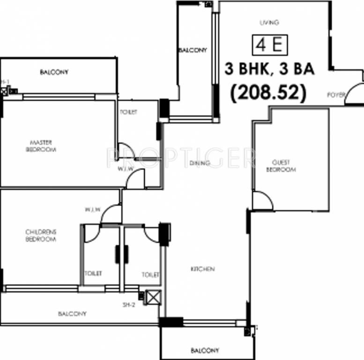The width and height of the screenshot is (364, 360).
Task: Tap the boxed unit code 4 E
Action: coord(269,45)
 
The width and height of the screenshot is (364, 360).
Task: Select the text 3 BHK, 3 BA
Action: coord(269,69)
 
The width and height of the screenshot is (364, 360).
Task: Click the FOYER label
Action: coord(336,95)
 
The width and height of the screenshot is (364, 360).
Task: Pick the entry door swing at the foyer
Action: coord(355,93)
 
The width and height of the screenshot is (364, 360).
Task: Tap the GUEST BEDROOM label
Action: coord(281,166)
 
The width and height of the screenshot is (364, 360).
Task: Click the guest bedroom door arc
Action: coord(263,201)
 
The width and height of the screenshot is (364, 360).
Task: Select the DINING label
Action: coord(200,163)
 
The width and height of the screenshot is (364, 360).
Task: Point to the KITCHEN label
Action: coord(202,269)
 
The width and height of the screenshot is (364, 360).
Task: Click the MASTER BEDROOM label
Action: coord(41,146)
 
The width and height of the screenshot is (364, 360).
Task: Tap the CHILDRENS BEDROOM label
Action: coord(41,235)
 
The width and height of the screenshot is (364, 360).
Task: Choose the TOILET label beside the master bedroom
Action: coord(128,112)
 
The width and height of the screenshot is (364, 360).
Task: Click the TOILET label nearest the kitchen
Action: coord(150,275)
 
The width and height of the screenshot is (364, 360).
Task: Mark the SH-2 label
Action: coord(129,304)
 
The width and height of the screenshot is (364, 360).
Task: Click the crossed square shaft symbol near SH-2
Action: coord(153,298)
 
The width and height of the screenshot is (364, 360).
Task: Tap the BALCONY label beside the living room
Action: coord(192,50)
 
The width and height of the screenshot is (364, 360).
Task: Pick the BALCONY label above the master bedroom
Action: coord(54,72)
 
